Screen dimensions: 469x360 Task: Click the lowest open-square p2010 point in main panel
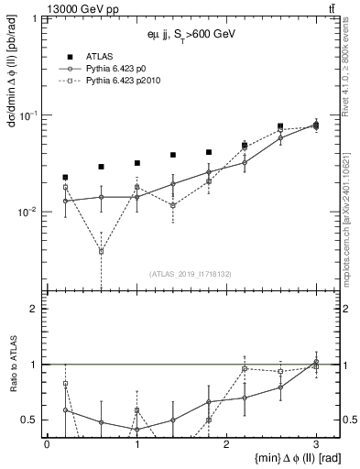point(101,251)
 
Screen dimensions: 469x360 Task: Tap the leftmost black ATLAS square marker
point(65,177)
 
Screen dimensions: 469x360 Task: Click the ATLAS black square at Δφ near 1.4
point(173,156)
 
